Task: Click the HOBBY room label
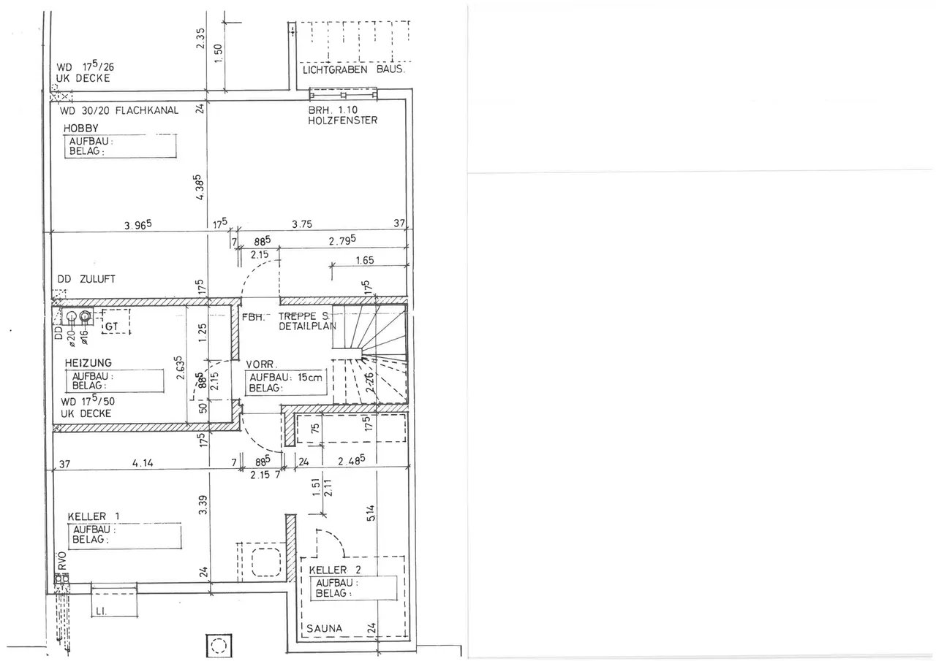[80, 128]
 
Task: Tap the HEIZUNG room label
[88, 362]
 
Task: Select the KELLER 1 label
[94, 516]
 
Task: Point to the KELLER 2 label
[335, 570]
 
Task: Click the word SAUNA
[324, 628]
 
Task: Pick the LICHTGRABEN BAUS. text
[354, 69]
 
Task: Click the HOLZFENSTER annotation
[343, 121]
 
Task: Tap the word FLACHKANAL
[147, 110]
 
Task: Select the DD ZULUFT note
[86, 279]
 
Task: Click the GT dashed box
[116, 322]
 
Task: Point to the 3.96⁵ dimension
[138, 225]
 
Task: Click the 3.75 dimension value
[302, 224]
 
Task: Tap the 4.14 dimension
[143, 463]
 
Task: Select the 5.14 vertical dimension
[371, 513]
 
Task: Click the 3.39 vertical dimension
[203, 505]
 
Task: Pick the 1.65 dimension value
[365, 261]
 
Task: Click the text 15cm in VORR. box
[310, 377]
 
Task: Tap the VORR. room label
[261, 364]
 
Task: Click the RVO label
[62, 561]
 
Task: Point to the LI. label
[102, 611]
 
